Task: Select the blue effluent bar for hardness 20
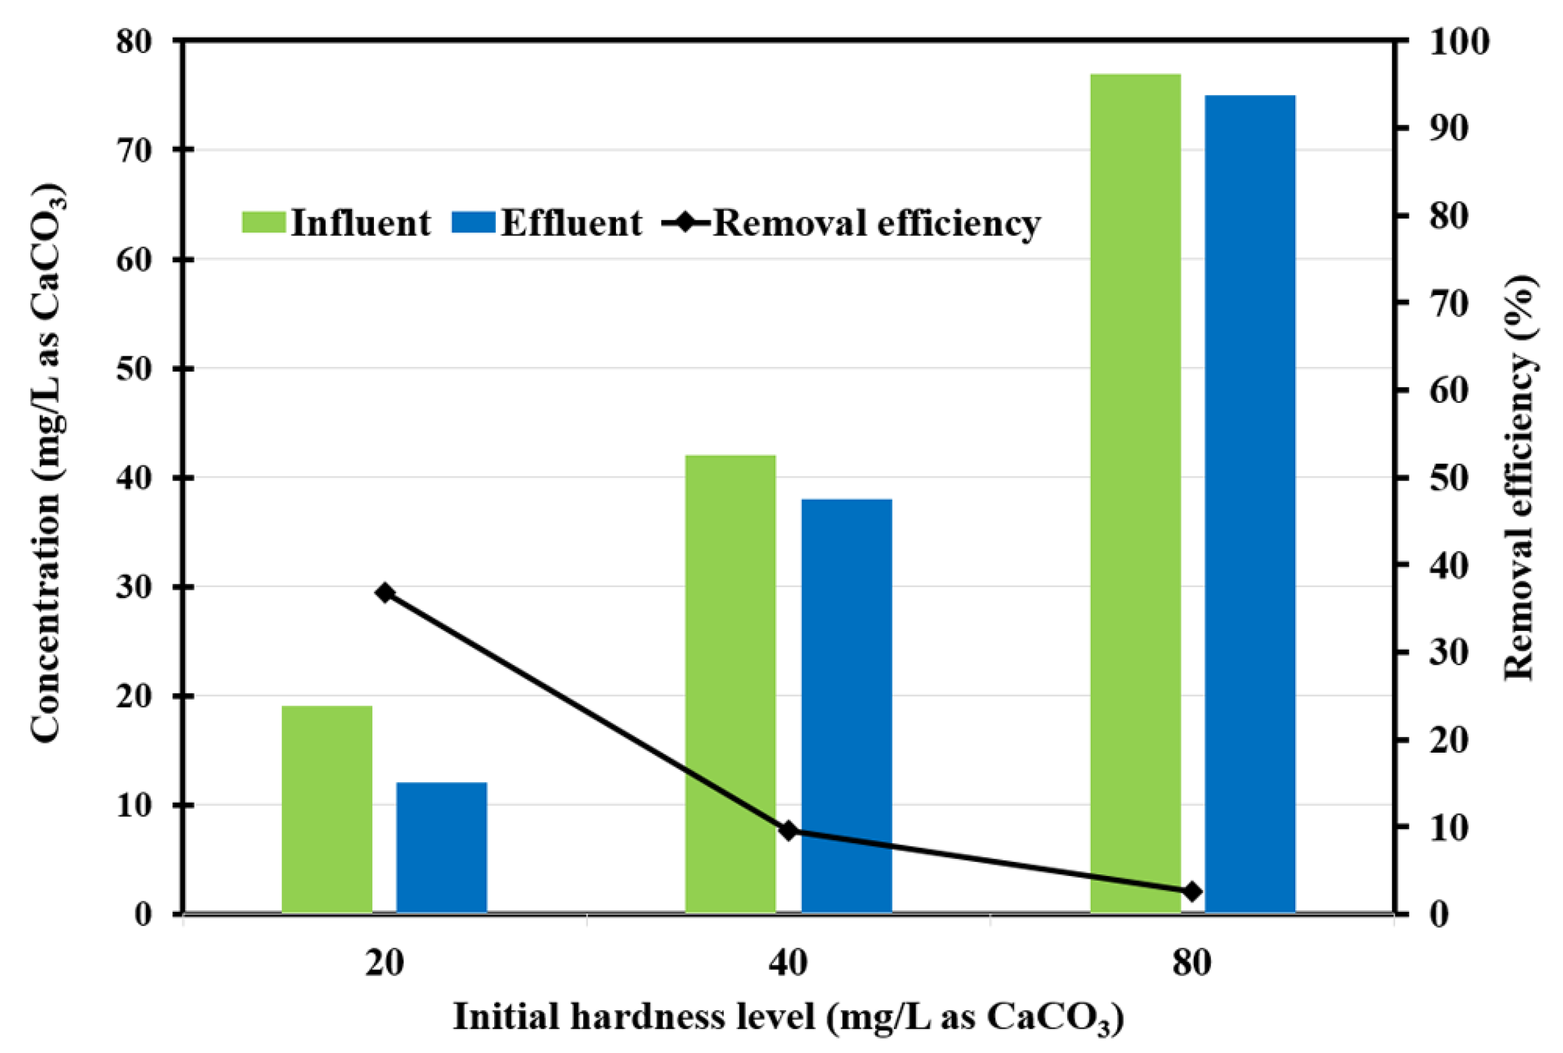[x=441, y=848]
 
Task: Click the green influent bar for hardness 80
[x=1135, y=494]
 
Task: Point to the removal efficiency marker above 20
[x=385, y=592]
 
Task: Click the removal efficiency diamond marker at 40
[x=789, y=831]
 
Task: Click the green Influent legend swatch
[x=263, y=222]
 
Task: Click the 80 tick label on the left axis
[x=136, y=42]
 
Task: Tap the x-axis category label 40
[x=788, y=963]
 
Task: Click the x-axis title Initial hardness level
[x=788, y=1017]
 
